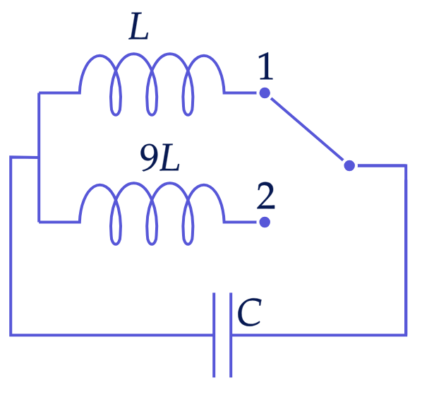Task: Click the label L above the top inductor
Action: pyautogui.click(x=138, y=26)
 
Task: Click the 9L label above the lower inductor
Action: pyautogui.click(x=159, y=158)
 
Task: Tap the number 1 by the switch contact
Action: pyautogui.click(x=265, y=66)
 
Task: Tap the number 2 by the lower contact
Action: pyautogui.click(x=266, y=196)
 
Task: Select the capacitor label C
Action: pyautogui.click(x=249, y=312)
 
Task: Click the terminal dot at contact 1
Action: pyautogui.click(x=265, y=93)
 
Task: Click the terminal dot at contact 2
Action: pyautogui.click(x=265, y=223)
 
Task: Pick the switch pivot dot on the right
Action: pyautogui.click(x=349, y=165)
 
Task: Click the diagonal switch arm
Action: pyautogui.click(x=307, y=129)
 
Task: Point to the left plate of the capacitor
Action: pyautogui.click(x=214, y=335)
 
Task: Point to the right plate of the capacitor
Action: pyautogui.click(x=231, y=335)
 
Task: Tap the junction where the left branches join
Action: pyautogui.click(x=39, y=158)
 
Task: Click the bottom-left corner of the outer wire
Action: pyautogui.click(x=11, y=335)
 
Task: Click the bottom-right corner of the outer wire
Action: pyautogui.click(x=406, y=335)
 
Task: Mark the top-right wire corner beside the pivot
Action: pyautogui.click(x=406, y=165)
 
